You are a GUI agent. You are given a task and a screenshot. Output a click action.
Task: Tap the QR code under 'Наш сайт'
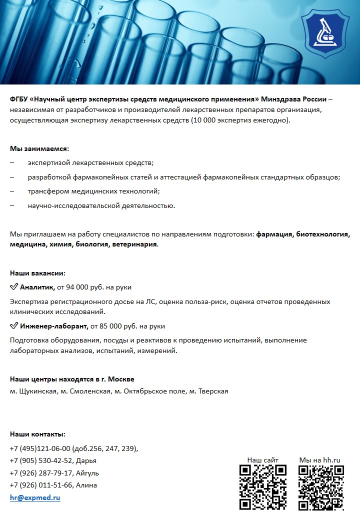pos(263,487)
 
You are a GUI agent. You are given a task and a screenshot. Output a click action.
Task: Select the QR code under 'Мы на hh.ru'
pos(321,487)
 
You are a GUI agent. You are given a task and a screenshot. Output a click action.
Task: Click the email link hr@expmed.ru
pos(35,498)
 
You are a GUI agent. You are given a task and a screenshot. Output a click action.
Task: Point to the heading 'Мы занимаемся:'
pos(39,149)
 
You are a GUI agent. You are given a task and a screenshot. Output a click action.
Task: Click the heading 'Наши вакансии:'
pos(38,273)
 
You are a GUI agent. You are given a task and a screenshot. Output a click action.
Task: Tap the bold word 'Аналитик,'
pos(37,287)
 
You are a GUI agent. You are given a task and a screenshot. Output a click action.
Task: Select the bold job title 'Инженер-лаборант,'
pos(54,326)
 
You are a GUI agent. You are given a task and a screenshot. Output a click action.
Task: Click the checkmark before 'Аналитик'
pos(14,287)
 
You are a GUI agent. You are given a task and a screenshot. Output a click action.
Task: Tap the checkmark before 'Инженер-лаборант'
pos(14,326)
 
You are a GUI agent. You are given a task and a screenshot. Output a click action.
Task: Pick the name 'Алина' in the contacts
pos(87,485)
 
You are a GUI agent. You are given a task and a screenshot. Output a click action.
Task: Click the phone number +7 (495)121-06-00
pos(40,448)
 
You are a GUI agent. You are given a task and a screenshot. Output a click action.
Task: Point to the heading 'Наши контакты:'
pos(38,434)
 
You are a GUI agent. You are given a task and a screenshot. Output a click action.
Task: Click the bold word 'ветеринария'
pos(132,245)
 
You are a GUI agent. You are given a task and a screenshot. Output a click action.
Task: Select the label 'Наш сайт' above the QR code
pos(263,460)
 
